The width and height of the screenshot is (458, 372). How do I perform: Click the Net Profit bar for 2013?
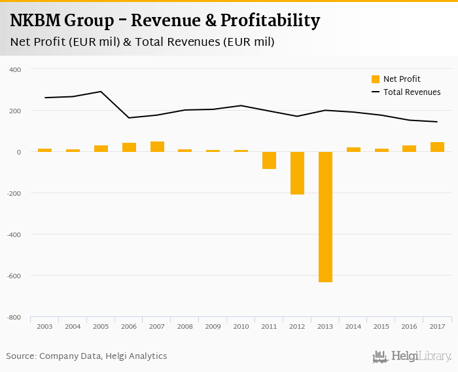325,217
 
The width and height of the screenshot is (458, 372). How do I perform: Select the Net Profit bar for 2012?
297,173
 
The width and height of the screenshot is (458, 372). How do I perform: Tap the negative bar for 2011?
269,160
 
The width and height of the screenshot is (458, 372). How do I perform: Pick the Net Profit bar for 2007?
157,147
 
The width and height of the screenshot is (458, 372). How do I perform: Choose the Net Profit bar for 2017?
437,147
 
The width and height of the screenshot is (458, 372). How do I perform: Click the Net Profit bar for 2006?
129,147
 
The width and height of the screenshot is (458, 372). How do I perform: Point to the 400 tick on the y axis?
14,69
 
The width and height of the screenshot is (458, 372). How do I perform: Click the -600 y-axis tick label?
14,276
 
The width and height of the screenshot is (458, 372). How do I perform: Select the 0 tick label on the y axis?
18,152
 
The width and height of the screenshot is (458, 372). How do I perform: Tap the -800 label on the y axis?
14,317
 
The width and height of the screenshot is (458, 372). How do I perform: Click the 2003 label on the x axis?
44,326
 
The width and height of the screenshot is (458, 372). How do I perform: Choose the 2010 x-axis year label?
241,326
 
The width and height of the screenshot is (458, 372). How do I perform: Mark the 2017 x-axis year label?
437,326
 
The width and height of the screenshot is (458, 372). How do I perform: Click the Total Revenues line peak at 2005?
101,92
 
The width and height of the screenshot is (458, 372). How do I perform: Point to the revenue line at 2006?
129,118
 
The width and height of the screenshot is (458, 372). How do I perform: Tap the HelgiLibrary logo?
412,357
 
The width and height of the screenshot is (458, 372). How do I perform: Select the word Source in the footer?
20,356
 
